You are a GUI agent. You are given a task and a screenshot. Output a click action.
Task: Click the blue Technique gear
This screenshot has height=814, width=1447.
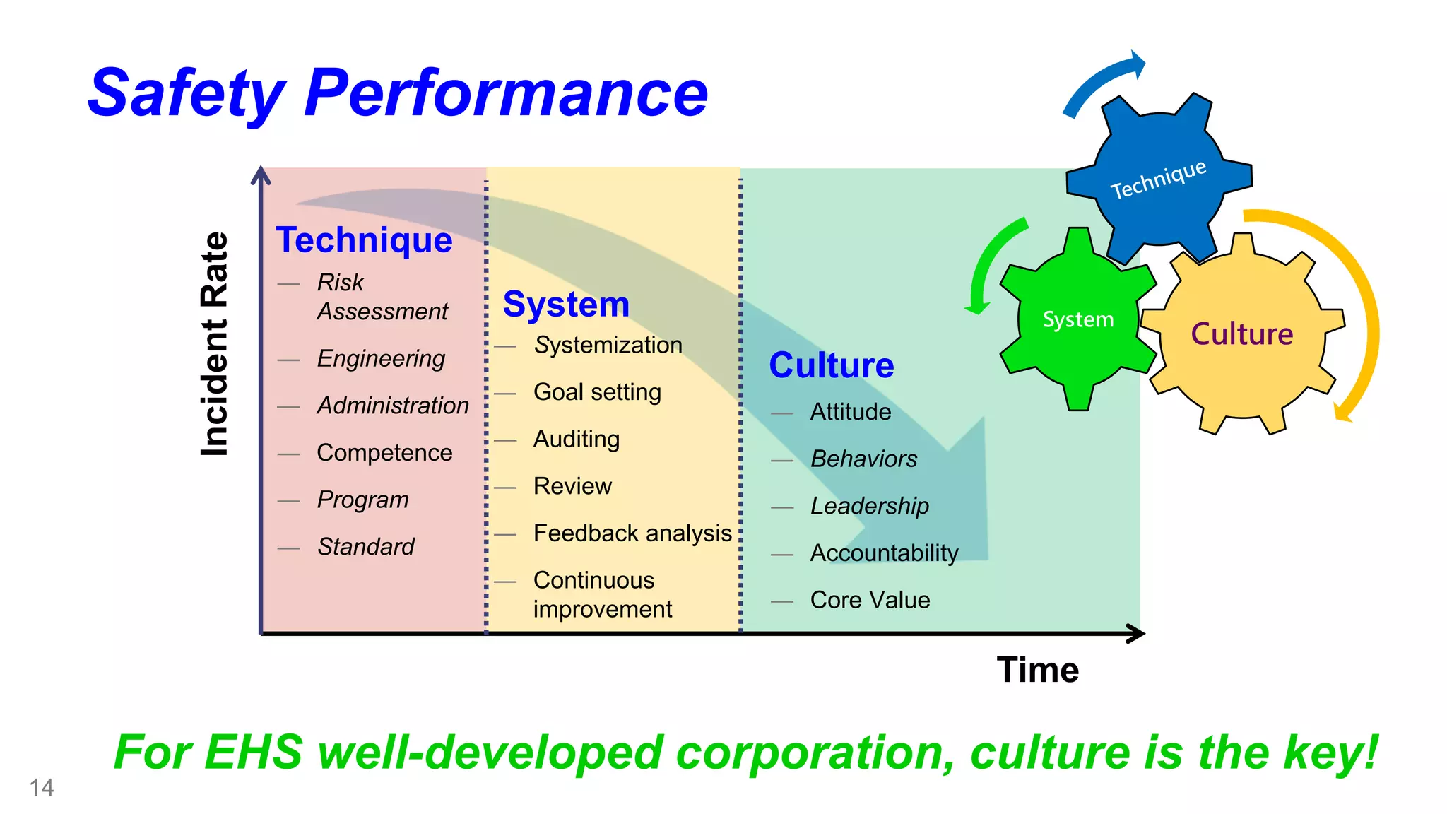(1159, 180)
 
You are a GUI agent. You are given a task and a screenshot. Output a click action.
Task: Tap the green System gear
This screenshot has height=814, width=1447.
(1077, 319)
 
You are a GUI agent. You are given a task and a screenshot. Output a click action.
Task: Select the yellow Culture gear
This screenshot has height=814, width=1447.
(1241, 334)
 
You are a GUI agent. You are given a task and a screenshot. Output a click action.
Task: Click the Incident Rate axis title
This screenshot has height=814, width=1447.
(215, 344)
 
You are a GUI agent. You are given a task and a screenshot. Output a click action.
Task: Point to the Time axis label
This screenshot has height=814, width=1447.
(1037, 669)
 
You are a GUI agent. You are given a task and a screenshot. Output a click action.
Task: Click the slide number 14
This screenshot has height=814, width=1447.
(41, 787)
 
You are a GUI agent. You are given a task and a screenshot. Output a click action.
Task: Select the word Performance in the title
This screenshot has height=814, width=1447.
(506, 93)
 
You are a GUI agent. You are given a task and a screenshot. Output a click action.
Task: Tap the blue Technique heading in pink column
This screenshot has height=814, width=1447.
(364, 240)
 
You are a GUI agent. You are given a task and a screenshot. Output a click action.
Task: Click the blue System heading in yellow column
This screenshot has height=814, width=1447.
(566, 305)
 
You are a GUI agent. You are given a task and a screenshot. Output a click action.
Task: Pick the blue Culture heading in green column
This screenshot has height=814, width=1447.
(831, 365)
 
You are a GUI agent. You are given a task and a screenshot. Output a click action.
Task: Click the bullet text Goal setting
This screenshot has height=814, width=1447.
(597, 392)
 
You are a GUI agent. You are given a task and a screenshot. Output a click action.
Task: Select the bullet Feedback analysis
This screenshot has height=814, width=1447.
(632, 533)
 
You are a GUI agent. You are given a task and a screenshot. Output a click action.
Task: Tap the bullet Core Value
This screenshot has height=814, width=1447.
(870, 600)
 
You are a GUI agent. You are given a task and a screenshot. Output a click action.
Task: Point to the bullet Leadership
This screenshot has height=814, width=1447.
(869, 506)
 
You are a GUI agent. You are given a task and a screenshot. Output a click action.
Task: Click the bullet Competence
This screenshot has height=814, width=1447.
(384, 453)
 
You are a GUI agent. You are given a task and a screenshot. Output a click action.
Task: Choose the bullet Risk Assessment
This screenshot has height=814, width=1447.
(382, 297)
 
